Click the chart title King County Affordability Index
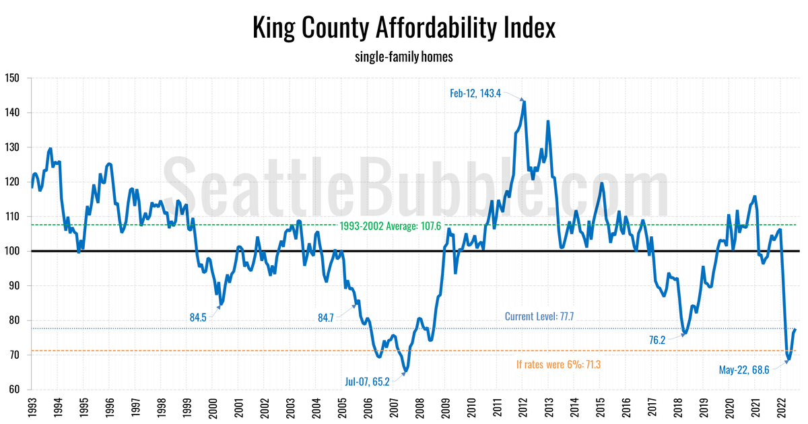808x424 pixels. (x=404, y=28)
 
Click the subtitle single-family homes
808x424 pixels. (x=404, y=57)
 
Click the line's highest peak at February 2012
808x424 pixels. (x=525, y=102)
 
